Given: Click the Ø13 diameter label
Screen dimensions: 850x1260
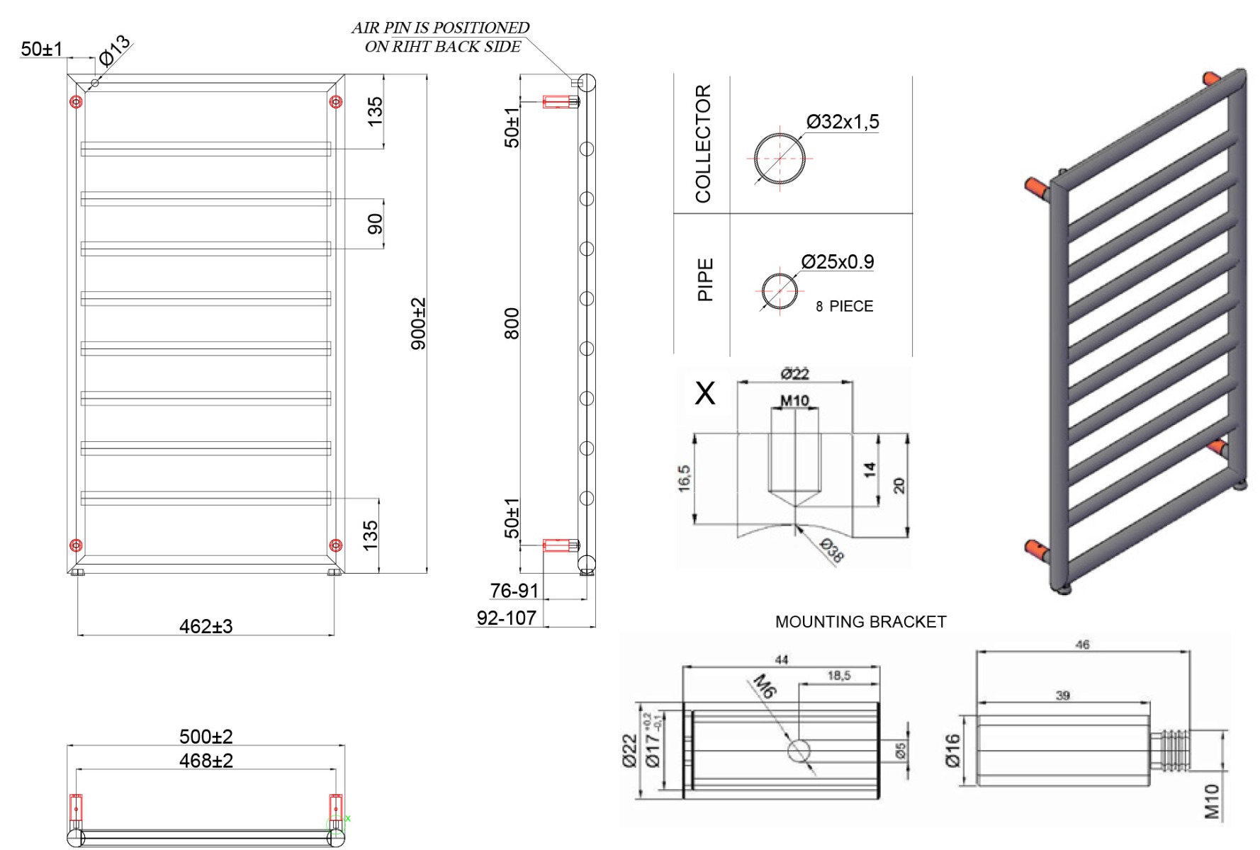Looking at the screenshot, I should pyautogui.click(x=114, y=50).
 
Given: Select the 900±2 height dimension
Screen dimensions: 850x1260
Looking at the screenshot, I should pyautogui.click(x=419, y=324).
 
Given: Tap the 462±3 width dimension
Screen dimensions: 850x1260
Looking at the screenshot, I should pyautogui.click(x=206, y=626).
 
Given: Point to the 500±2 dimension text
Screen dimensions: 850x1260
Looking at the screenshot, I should pyautogui.click(x=206, y=737).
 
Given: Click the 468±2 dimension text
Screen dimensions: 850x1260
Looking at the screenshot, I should pyautogui.click(x=206, y=761).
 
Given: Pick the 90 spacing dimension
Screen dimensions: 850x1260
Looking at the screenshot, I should pyautogui.click(x=375, y=224).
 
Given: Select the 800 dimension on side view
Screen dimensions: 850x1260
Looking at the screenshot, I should pyautogui.click(x=512, y=324).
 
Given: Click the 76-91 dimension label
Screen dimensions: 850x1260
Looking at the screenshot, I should pyautogui.click(x=514, y=591).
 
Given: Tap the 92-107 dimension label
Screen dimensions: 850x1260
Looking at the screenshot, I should pyautogui.click(x=506, y=618).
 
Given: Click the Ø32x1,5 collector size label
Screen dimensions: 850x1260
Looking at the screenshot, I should pyautogui.click(x=843, y=122).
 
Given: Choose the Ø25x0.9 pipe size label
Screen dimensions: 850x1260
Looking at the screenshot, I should pyautogui.click(x=838, y=262).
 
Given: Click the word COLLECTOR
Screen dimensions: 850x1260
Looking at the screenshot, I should pyautogui.click(x=703, y=144).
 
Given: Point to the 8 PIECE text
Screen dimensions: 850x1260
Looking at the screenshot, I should pyautogui.click(x=844, y=306).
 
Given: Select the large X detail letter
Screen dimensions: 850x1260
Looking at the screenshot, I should pyautogui.click(x=705, y=393).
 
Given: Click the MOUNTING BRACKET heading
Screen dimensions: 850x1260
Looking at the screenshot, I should pyautogui.click(x=860, y=622).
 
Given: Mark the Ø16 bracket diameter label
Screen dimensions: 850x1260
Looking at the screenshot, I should pyautogui.click(x=952, y=751).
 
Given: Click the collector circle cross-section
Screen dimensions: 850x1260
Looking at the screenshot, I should pyautogui.click(x=780, y=158).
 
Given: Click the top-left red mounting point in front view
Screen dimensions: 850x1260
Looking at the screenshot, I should pyautogui.click(x=77, y=102).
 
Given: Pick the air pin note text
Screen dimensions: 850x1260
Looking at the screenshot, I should pyautogui.click(x=441, y=37).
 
